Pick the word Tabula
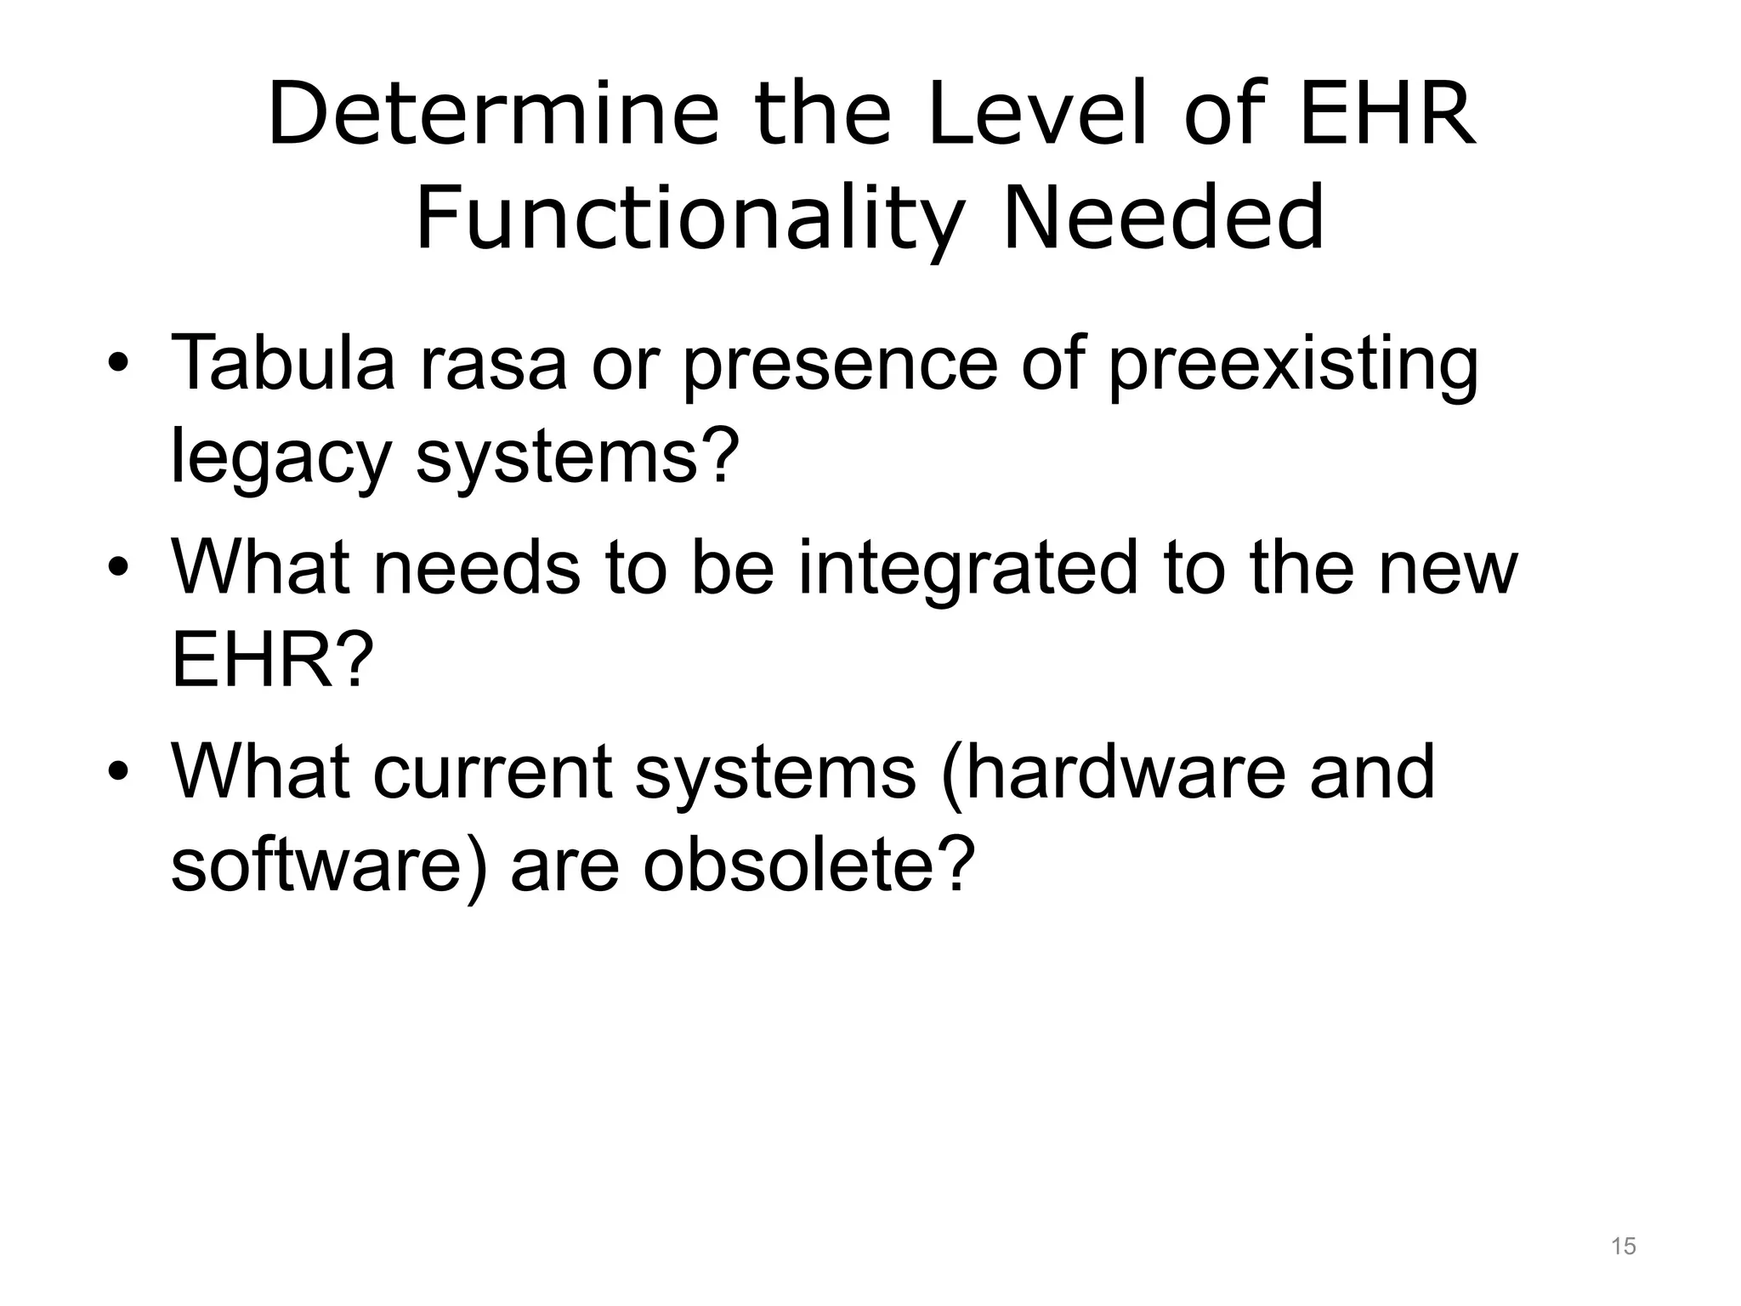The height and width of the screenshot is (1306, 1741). click(x=283, y=363)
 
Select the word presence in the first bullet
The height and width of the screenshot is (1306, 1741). click(x=840, y=363)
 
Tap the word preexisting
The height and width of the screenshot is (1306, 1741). click(x=1294, y=363)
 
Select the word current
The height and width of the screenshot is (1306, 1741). click(x=492, y=772)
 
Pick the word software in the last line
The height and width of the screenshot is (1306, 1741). click(x=330, y=864)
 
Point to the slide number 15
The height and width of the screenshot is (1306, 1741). click(x=1623, y=1246)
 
